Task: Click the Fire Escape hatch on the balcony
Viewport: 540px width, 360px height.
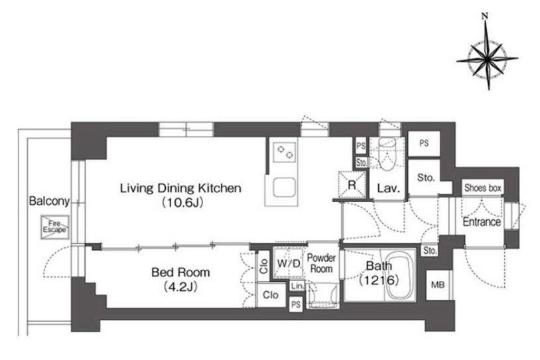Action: pyautogui.click(x=55, y=227)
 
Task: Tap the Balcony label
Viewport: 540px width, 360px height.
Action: pyautogui.click(x=49, y=201)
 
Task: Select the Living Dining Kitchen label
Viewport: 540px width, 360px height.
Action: pyautogui.click(x=180, y=188)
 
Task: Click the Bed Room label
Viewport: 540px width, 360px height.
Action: pyautogui.click(x=180, y=272)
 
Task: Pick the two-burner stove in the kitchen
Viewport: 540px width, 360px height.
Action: pyautogui.click(x=285, y=152)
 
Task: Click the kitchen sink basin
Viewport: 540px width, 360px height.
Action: pyautogui.click(x=285, y=188)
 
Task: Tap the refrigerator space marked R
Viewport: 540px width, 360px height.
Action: pyautogui.click(x=352, y=185)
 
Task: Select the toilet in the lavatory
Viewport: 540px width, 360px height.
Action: pyautogui.click(x=387, y=154)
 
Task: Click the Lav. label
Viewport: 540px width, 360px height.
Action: pyautogui.click(x=389, y=188)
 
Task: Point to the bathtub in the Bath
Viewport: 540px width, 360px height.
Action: pyautogui.click(x=399, y=276)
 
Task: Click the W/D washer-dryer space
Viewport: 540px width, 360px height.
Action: pyautogui.click(x=289, y=263)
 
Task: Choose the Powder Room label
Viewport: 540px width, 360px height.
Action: pyautogui.click(x=321, y=263)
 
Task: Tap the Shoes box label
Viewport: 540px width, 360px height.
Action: pyautogui.click(x=482, y=188)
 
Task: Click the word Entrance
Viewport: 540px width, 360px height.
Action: pyautogui.click(x=482, y=222)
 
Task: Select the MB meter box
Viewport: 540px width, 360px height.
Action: pyautogui.click(x=438, y=285)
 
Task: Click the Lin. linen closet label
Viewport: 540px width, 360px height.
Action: pyautogui.click(x=297, y=286)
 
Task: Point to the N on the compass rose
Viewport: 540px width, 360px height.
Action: pyautogui.click(x=485, y=16)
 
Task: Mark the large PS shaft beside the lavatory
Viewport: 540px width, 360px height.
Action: pyautogui.click(x=424, y=143)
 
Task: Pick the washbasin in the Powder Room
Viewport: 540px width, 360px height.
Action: pyautogui.click(x=322, y=295)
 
